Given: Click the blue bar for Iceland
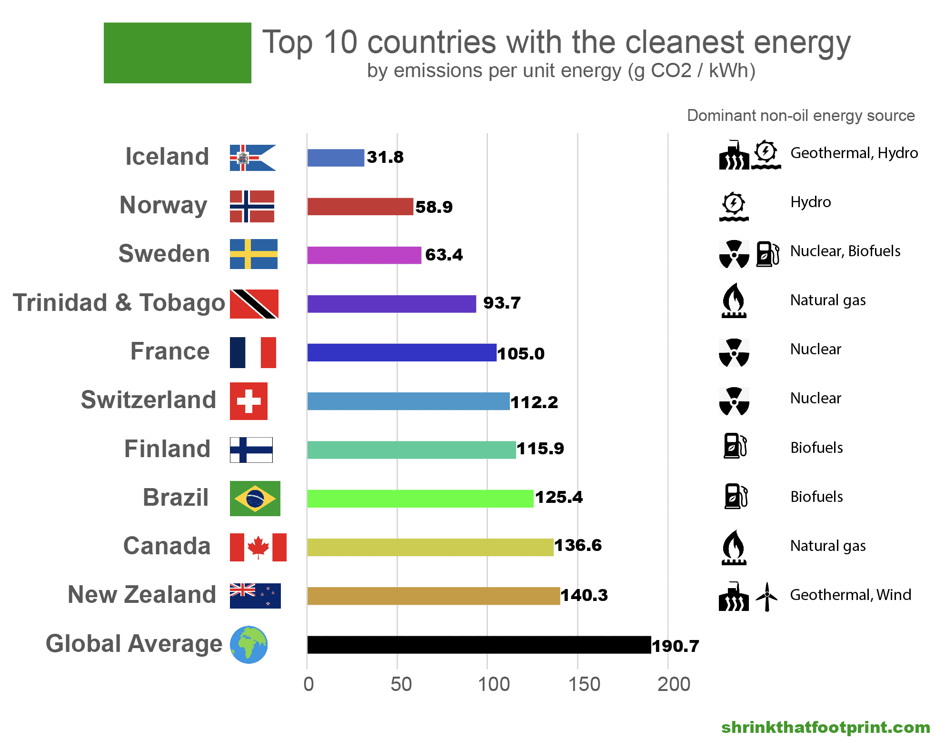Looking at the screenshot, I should [336, 158].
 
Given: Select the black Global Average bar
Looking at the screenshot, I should [478, 645].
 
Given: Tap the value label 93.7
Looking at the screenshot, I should [502, 303].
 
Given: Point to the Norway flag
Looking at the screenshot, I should [252, 207].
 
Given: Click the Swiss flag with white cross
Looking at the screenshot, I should [249, 401].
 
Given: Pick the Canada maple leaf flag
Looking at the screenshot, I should [258, 547].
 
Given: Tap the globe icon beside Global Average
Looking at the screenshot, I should [249, 645].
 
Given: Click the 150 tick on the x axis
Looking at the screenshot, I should [584, 684].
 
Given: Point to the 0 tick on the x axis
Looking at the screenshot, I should [308, 684].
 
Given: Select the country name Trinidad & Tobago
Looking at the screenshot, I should [119, 303].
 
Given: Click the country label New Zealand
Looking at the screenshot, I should [142, 595].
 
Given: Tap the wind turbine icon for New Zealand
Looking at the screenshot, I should [766, 596].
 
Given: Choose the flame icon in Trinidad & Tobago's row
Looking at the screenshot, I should [734, 300].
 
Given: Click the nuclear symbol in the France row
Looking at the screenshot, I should [734, 352].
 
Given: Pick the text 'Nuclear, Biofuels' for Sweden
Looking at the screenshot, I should [845, 251].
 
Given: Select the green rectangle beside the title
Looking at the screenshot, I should [177, 53].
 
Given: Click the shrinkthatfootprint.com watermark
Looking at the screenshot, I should [825, 727].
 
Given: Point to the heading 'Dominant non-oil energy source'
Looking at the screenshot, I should [800, 116].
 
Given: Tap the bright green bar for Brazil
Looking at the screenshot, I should [420, 499].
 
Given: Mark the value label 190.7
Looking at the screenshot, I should [675, 646].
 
